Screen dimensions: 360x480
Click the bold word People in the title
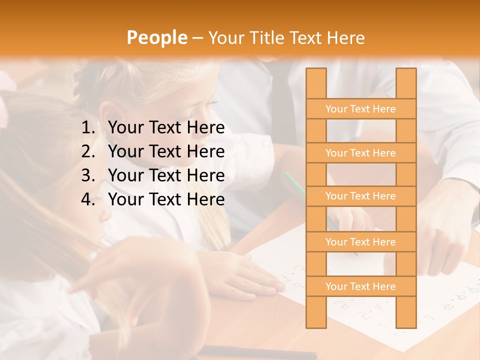[x=157, y=37]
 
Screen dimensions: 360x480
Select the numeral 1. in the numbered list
[x=88, y=128]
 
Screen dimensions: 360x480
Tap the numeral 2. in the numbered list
[x=88, y=151]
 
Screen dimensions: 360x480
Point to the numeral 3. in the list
[x=88, y=175]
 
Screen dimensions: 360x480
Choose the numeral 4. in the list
[x=88, y=199]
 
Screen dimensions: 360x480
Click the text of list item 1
[x=166, y=128]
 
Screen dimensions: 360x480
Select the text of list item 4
[x=166, y=199]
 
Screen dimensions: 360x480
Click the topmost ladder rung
[x=360, y=109]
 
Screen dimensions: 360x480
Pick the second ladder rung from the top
[x=360, y=153]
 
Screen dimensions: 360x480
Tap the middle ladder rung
[x=360, y=196]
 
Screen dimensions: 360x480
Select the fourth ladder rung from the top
[x=360, y=242]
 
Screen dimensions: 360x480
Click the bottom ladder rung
[x=360, y=286]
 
